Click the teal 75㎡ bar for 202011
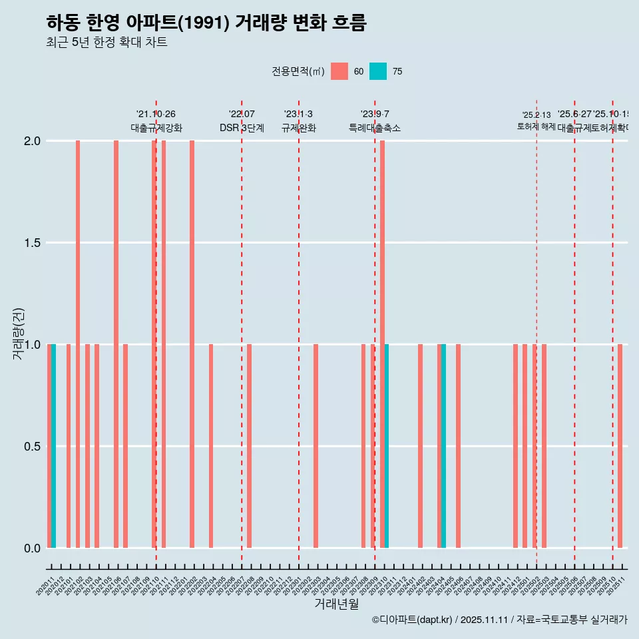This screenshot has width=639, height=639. pos(54,446)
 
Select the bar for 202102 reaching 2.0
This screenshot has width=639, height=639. pos(78,344)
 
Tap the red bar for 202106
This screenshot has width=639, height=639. pos(116,344)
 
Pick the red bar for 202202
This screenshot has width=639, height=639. pos(192,344)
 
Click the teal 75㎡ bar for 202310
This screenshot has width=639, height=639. pos(387,446)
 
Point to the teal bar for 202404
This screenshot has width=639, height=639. pos(444,446)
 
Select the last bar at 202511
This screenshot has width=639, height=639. pos(620,446)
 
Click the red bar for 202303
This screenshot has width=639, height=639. pos(316,446)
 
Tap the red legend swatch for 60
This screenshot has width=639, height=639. pos(339,71)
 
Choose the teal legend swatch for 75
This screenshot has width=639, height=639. pos(377,71)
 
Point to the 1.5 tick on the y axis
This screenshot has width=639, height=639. pos(33,243)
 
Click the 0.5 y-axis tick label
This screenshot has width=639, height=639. pos(33,447)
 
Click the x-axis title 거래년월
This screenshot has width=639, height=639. pos(336,604)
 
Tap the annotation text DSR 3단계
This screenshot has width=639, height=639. pos(242,128)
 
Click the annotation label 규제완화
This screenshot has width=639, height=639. pos(298,128)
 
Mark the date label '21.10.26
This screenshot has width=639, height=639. pos(156,114)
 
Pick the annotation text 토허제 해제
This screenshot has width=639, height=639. pos(536,126)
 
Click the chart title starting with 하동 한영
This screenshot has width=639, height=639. pos(206,23)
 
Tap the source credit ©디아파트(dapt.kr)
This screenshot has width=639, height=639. pos(412,620)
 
